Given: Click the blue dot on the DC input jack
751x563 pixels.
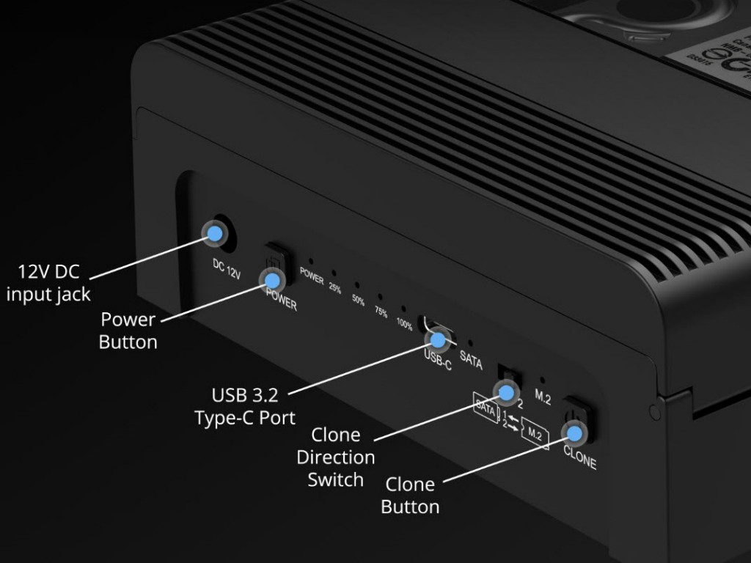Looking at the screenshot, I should click(214, 234).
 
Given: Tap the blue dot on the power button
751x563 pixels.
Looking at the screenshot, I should click(273, 279).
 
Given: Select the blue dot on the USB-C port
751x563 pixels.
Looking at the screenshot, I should click(439, 339).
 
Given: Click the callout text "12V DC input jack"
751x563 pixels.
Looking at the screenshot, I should click(48, 283).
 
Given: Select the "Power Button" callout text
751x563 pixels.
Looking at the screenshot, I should click(128, 331).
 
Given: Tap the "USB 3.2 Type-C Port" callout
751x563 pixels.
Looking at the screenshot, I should click(245, 406).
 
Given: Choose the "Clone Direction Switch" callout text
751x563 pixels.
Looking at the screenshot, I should click(336, 457).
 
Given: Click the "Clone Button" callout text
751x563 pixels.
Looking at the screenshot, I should click(410, 495).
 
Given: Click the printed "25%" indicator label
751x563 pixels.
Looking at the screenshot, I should click(334, 289).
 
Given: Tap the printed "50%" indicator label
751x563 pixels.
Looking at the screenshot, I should click(358, 301).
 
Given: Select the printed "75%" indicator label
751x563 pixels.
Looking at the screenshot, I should click(381, 312).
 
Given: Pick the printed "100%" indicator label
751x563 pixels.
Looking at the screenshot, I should click(404, 323).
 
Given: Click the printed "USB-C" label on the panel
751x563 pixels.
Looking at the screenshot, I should click(438, 361).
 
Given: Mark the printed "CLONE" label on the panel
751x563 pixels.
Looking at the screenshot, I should click(579, 463).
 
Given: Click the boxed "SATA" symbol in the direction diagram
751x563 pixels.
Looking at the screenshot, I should click(486, 408).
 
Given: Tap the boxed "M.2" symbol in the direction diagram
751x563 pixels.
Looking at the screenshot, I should click(534, 435).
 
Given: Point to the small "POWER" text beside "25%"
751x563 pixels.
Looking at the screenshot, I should click(312, 279).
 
